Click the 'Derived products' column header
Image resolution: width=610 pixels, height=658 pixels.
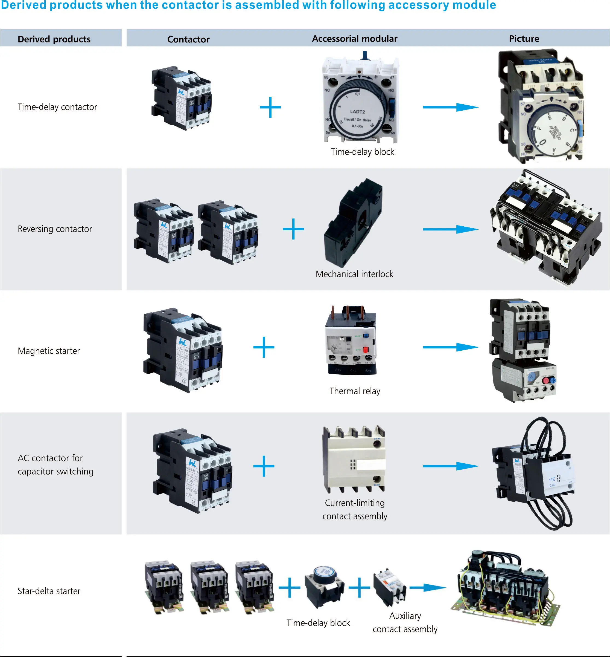[54, 39]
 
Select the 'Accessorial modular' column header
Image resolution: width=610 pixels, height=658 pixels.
[355, 39]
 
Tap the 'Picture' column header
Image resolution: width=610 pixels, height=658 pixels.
[524, 39]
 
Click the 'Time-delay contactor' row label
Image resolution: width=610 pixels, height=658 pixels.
[57, 107]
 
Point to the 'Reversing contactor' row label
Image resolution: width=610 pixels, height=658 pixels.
[55, 229]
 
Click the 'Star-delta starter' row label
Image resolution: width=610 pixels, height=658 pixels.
[49, 591]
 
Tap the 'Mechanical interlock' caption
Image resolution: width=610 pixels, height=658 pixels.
[354, 274]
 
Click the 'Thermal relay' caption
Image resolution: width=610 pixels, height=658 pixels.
[355, 391]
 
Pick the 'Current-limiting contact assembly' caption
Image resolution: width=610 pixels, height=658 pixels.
[355, 509]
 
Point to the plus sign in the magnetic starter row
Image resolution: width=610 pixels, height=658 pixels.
[264, 347]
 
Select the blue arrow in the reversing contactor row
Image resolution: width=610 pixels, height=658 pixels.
[451, 229]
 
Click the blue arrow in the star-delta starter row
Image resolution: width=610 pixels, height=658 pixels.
[428, 588]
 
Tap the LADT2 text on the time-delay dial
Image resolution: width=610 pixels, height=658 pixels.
[357, 112]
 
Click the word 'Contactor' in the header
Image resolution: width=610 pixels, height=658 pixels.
[188, 39]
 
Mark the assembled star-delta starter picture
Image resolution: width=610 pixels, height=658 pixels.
[505, 588]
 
